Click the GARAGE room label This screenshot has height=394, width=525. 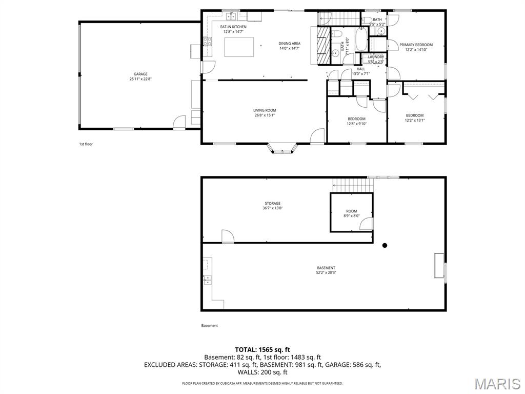click(x=140, y=74)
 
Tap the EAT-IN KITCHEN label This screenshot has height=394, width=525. click(x=233, y=27)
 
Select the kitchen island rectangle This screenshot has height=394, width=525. click(x=239, y=47)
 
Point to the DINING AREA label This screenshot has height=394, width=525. click(x=289, y=44)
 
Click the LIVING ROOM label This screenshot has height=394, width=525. click(x=265, y=110)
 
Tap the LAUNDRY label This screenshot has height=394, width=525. click(x=376, y=57)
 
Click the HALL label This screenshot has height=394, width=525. click(x=361, y=69)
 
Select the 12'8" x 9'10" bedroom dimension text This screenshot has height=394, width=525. click(x=357, y=124)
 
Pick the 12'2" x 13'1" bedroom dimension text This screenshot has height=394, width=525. click(x=415, y=120)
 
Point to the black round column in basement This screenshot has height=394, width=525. click(x=385, y=245)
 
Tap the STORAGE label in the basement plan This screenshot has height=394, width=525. click(x=273, y=204)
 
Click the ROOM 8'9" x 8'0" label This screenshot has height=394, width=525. click(x=351, y=211)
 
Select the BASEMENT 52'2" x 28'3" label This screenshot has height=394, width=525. click(x=326, y=268)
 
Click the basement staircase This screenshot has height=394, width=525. click(x=351, y=184)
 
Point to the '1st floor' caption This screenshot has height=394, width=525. click(x=86, y=144)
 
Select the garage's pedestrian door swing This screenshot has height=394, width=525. click(x=179, y=122)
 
